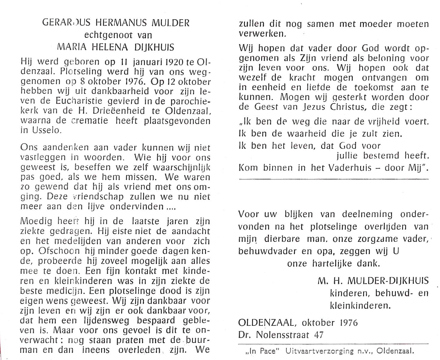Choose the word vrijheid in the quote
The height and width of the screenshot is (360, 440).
coord(385,121)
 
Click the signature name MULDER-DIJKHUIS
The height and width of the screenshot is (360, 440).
coord(388,281)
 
